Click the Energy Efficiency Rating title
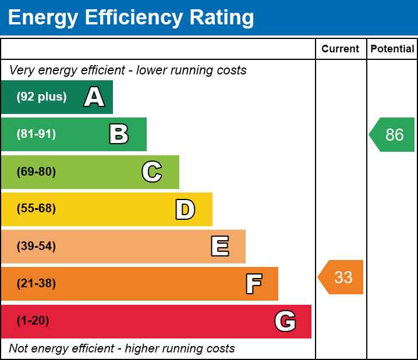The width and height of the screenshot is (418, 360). pyautogui.click(x=131, y=18)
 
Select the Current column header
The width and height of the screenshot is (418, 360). pyautogui.click(x=341, y=49)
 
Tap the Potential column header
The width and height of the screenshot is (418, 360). pyautogui.click(x=392, y=49)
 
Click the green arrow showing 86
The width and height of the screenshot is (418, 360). pyautogui.click(x=393, y=135)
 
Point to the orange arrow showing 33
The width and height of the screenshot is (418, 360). pyautogui.click(x=342, y=277)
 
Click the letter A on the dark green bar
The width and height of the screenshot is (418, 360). pyautogui.click(x=94, y=97)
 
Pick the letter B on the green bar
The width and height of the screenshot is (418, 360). pyautogui.click(x=119, y=134)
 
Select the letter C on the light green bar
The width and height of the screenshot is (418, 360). pyautogui.click(x=152, y=172)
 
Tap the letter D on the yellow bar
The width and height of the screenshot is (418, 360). pyautogui.click(x=185, y=209)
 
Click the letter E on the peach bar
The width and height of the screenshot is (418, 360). pyautogui.click(x=219, y=247)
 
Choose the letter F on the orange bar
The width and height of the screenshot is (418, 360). pyautogui.click(x=253, y=284)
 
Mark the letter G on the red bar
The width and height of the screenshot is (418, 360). pyautogui.click(x=285, y=321)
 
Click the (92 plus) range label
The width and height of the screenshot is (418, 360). pyautogui.click(x=41, y=97)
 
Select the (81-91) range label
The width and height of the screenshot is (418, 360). pyautogui.click(x=36, y=134)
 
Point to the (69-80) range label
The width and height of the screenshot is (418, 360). pyautogui.click(x=36, y=172)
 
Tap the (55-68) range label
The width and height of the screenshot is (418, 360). pyautogui.click(x=36, y=209)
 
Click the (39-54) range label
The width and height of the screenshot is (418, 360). pyautogui.click(x=36, y=247)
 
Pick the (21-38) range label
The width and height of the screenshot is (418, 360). pyautogui.click(x=36, y=284)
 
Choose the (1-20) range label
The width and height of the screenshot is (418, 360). pyautogui.click(x=33, y=321)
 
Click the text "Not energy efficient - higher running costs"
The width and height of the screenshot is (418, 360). pyautogui.click(x=122, y=349)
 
